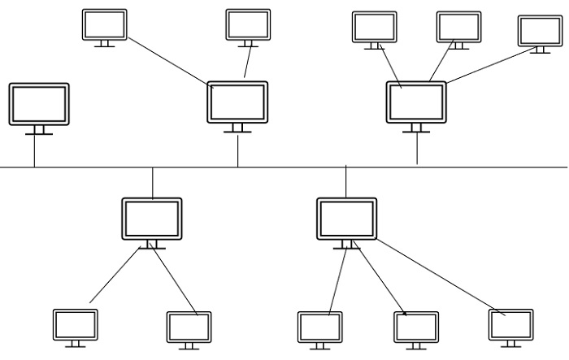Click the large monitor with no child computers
pos(39,104)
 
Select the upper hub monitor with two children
pos(237,102)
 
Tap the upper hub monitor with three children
pos(416,102)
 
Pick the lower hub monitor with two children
pos(152,218)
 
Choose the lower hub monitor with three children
pos(346,218)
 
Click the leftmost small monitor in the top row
pos(105,24)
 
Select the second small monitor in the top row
pos(248,24)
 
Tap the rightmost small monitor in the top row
pos(541,31)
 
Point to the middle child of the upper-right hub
pos(458,27)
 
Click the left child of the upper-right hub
pos(374,27)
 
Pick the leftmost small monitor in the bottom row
pos(76,325)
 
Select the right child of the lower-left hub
pos(189,327)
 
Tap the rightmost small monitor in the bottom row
pos(510,325)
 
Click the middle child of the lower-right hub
pos(416,327)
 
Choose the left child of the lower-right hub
pos(319,327)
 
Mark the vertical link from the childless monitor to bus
pos(34,150)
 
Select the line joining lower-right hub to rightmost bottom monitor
pos(439,275)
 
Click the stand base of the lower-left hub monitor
pos(152,248)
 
